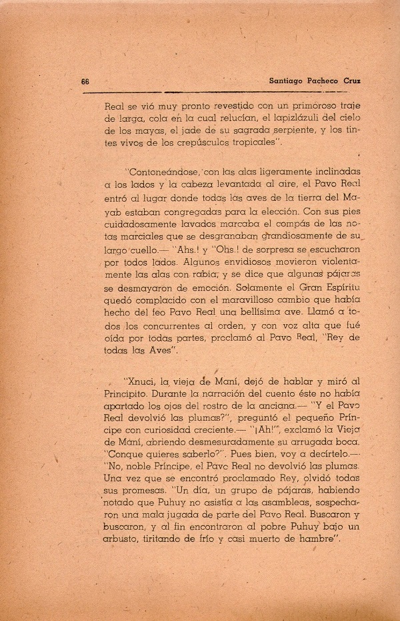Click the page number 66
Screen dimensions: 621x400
(85, 81)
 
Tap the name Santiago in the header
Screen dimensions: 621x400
(277, 81)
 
